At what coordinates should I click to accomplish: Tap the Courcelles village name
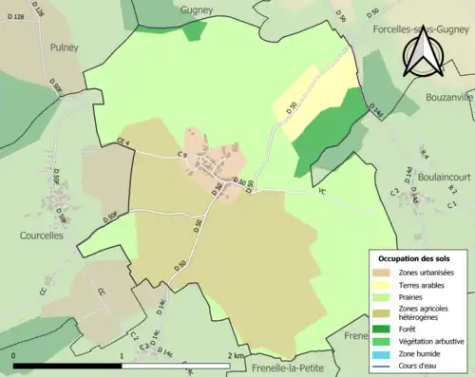click(41, 235)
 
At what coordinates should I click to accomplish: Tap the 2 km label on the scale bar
click(237, 355)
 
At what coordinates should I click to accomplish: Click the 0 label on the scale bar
click(14, 355)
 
